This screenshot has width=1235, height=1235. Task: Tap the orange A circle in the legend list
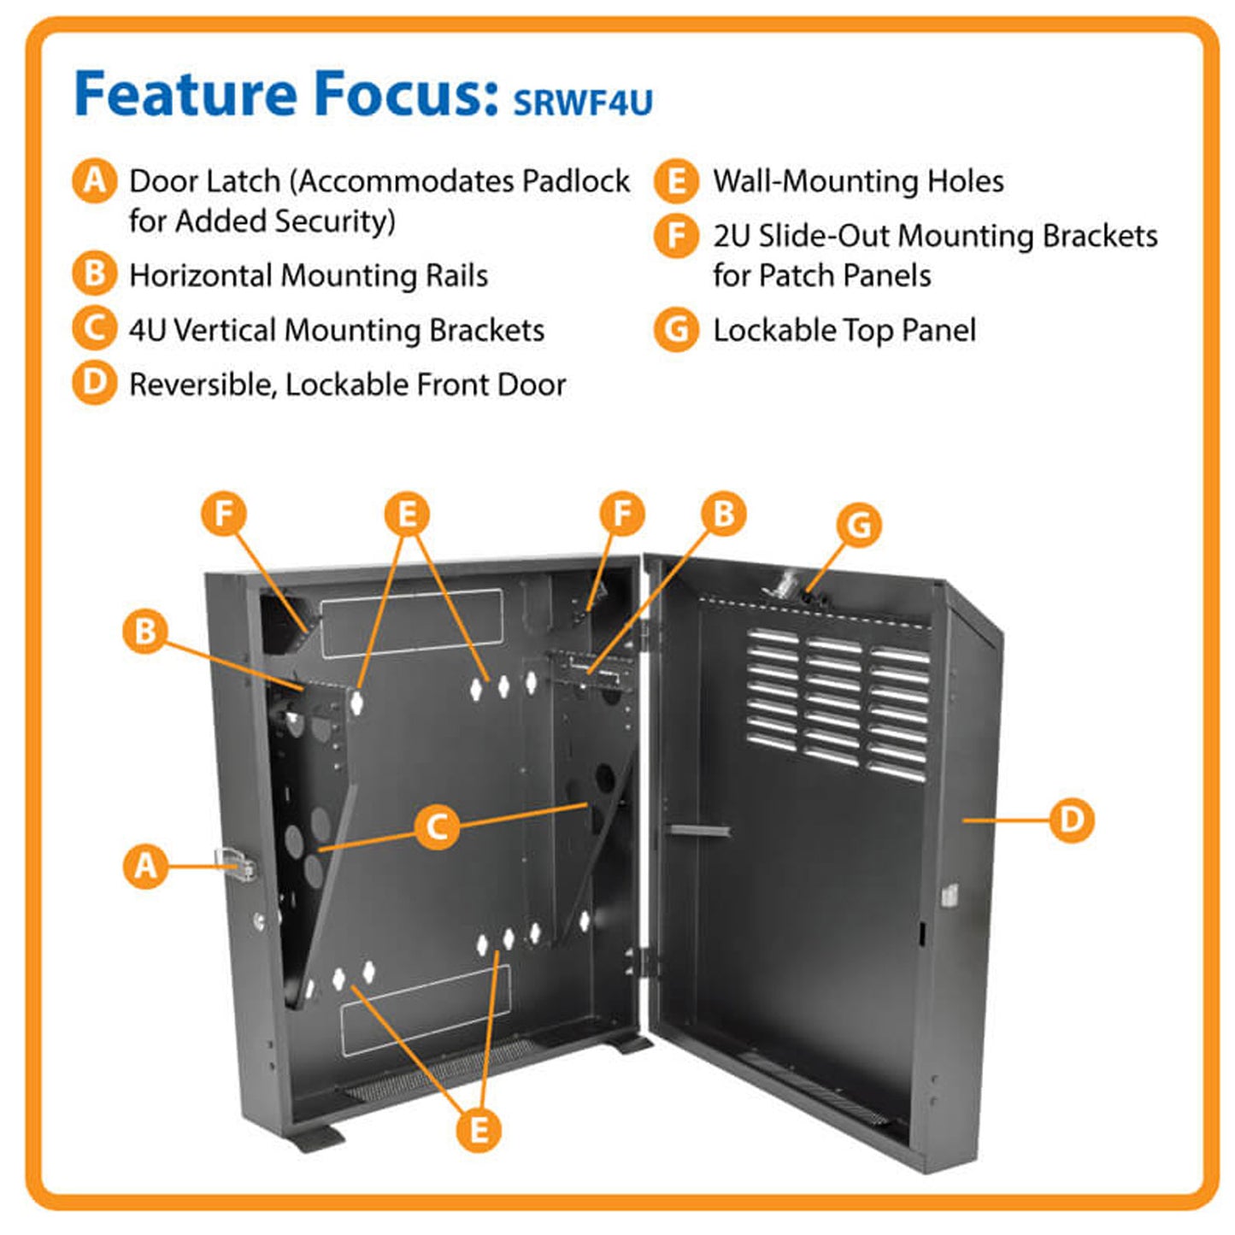point(94,181)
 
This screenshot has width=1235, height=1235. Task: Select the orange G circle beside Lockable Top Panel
point(676,330)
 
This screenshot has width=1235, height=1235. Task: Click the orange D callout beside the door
point(1071,820)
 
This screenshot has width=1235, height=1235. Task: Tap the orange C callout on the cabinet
point(437,827)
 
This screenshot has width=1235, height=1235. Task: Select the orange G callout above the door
point(859,525)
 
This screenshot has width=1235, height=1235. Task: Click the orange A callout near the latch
point(146,866)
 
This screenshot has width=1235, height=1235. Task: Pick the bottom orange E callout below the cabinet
point(479,1129)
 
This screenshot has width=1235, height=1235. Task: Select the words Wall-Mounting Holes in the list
point(858,181)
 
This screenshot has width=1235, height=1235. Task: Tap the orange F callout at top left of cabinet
point(224,515)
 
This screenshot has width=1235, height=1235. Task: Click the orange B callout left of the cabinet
point(145,632)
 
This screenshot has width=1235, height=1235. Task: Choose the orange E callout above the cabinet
point(407,515)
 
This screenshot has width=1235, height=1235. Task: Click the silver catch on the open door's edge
point(949,895)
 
